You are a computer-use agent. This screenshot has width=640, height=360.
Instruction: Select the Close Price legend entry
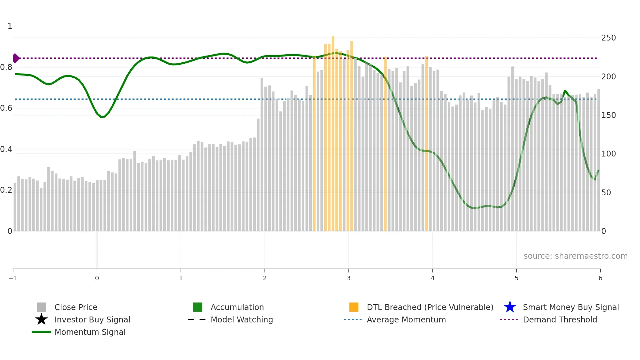tap(75, 307)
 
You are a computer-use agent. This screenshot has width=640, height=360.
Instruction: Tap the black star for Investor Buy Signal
tap(41, 319)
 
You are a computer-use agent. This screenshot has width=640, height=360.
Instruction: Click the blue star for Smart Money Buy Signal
tap(510, 307)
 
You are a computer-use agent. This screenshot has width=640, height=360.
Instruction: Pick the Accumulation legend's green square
tap(198, 307)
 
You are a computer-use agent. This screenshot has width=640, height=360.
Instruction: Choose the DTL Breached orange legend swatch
tap(354, 307)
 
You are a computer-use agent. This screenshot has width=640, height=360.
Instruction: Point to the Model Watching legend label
tap(242, 319)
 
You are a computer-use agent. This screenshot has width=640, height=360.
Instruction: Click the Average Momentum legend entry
tap(406, 319)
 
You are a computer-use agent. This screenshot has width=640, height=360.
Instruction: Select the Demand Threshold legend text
tap(560, 319)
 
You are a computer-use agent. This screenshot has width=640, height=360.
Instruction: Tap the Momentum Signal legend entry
tap(90, 332)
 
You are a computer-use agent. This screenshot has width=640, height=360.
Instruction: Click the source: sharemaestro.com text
tap(575, 256)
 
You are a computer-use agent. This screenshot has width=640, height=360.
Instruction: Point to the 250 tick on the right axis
tap(608, 38)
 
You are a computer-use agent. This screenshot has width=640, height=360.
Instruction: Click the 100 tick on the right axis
tap(608, 154)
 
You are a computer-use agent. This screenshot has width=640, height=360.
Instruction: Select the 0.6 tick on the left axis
tap(7, 108)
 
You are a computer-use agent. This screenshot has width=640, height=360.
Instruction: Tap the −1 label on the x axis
tap(13, 278)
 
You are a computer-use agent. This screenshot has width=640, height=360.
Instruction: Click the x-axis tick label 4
tap(433, 278)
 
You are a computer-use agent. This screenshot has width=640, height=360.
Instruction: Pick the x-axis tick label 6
tap(600, 278)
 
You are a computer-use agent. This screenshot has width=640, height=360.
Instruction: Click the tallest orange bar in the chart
tap(333, 131)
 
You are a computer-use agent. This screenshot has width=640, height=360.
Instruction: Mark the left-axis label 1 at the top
tap(10, 26)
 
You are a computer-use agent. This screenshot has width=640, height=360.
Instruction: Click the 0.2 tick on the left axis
tap(7, 190)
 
